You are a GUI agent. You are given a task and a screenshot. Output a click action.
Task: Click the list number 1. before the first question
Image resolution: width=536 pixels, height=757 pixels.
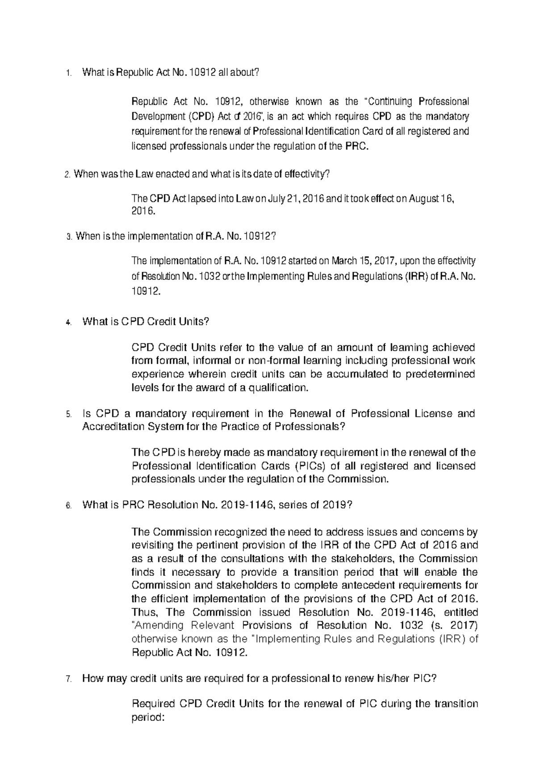point(68,74)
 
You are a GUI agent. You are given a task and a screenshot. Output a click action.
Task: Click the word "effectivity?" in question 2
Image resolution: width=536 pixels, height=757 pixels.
point(306,175)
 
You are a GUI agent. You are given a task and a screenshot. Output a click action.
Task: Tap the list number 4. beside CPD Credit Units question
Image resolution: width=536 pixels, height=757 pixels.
point(68,322)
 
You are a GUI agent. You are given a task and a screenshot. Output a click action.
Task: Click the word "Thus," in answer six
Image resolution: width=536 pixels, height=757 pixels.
point(143,612)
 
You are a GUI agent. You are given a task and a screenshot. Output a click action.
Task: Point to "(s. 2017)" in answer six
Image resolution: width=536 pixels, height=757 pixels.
point(453,625)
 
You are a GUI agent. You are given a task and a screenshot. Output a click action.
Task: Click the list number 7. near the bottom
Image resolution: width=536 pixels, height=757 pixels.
point(68,679)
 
